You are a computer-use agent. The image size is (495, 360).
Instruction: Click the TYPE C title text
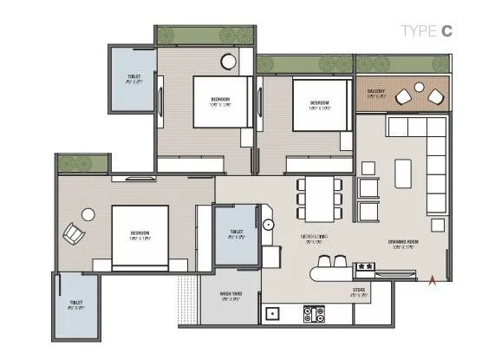tap(427, 31)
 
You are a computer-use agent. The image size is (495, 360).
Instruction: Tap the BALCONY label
tap(375, 91)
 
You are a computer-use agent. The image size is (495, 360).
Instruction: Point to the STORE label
tap(358, 290)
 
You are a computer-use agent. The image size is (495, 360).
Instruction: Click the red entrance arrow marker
tap(433, 279)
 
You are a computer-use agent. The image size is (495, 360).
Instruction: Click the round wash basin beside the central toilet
tap(269, 224)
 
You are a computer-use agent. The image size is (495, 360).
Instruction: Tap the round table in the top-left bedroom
tap(229, 62)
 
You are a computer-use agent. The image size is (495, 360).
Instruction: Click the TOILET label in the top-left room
tap(134, 77)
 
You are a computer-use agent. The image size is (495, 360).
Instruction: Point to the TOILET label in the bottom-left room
tap(75, 304)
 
